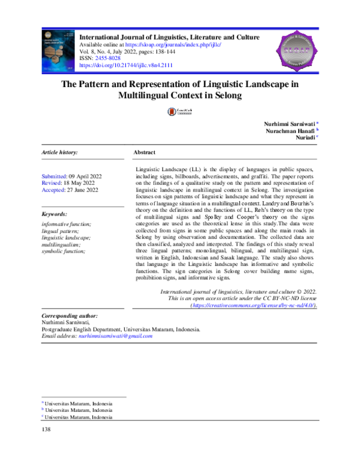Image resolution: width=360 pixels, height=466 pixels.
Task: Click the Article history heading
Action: [x=59, y=153]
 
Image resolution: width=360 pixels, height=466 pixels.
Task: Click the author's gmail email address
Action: [x=115, y=336]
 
